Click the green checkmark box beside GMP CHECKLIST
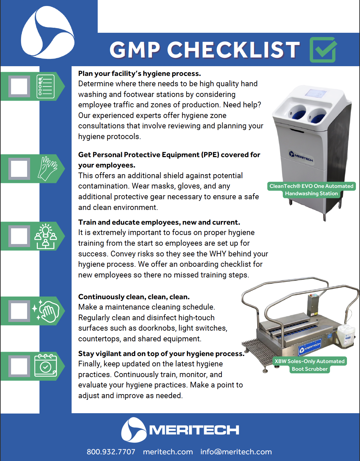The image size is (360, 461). (323, 50)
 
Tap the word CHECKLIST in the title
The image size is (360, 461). (233, 50)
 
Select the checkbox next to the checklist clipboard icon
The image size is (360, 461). (19, 86)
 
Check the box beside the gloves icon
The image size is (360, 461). (19, 168)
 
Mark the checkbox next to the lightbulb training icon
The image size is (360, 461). (19, 236)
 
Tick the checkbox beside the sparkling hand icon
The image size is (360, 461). (19, 311)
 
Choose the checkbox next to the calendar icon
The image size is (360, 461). (19, 366)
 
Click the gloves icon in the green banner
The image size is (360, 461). (47, 168)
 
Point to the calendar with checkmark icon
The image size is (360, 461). (46, 366)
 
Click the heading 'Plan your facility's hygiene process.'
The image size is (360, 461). (140, 74)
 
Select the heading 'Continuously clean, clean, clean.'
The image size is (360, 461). (134, 297)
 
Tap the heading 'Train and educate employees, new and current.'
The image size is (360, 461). (159, 222)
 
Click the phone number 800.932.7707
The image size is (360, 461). (111, 452)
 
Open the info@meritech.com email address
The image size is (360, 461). (236, 452)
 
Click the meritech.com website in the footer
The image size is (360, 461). (168, 452)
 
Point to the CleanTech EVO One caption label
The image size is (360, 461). (311, 190)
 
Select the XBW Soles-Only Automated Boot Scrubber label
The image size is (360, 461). (309, 365)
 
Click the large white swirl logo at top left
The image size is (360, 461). (48, 32)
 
